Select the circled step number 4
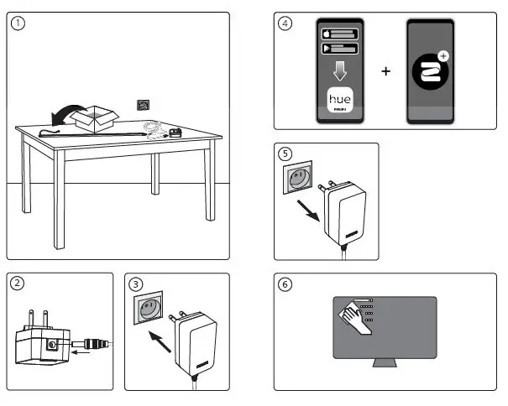click(285, 23)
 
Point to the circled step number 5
click(285, 154)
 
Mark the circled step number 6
click(285, 284)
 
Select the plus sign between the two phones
click(386, 71)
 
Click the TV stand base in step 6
click(385, 363)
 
